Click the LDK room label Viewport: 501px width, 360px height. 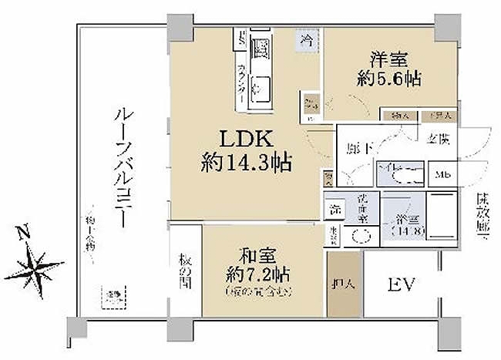coord(245,140)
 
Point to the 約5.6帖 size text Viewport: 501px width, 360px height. coord(389,78)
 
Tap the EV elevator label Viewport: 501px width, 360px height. coord(401,285)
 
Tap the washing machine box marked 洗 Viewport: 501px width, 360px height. coord(335,208)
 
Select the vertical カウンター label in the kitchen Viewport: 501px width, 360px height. coord(240,79)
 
